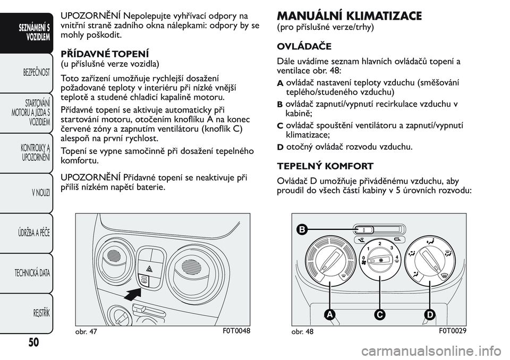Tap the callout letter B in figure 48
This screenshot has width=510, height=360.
click(302, 230)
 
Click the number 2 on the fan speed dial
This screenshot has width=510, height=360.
click(380, 243)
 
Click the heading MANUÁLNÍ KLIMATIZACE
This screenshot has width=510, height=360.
click(350, 16)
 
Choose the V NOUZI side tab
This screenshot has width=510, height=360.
click(40, 192)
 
